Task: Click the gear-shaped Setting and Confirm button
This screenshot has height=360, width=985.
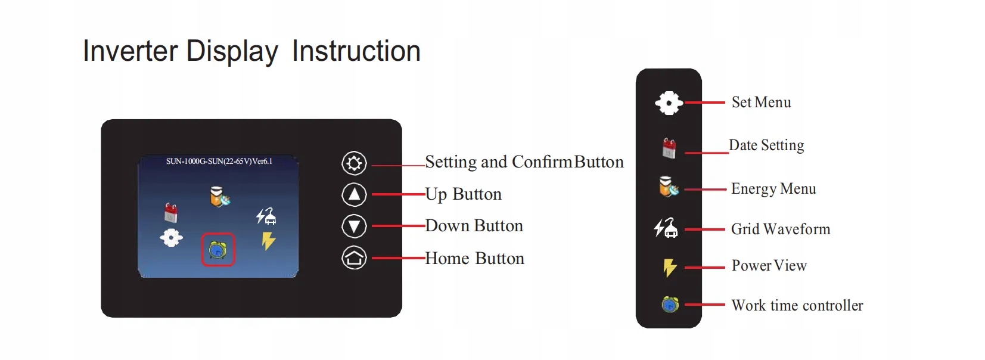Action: pyautogui.click(x=354, y=163)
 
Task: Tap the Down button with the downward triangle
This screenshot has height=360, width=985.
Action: pyautogui.click(x=354, y=226)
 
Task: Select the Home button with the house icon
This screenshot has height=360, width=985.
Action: pyautogui.click(x=354, y=258)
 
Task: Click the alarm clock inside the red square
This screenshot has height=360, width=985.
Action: pyautogui.click(x=217, y=250)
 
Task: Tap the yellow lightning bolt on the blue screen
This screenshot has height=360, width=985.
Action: pyautogui.click(x=268, y=241)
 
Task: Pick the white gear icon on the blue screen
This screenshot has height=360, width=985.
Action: pyautogui.click(x=171, y=238)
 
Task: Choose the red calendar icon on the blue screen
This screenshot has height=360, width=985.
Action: pyautogui.click(x=170, y=213)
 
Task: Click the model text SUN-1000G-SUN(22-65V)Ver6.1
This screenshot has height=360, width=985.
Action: pyautogui.click(x=219, y=162)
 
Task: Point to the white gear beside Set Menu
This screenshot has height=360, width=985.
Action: pyautogui.click(x=669, y=103)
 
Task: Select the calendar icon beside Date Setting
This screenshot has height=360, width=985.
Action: pyautogui.click(x=669, y=148)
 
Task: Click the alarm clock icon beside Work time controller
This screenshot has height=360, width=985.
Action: pyautogui.click(x=670, y=304)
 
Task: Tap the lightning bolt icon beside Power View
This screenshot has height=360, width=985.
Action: pyautogui.click(x=669, y=267)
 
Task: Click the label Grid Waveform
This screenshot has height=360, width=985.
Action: pyautogui.click(x=781, y=229)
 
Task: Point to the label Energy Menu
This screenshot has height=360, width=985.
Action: pyautogui.click(x=773, y=189)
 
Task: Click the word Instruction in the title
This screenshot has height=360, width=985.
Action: pyautogui.click(x=356, y=51)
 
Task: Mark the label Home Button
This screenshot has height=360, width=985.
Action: pyautogui.click(x=474, y=258)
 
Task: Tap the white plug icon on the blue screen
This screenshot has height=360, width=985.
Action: pyautogui.click(x=266, y=216)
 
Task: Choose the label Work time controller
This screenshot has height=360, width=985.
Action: pyautogui.click(x=797, y=305)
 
